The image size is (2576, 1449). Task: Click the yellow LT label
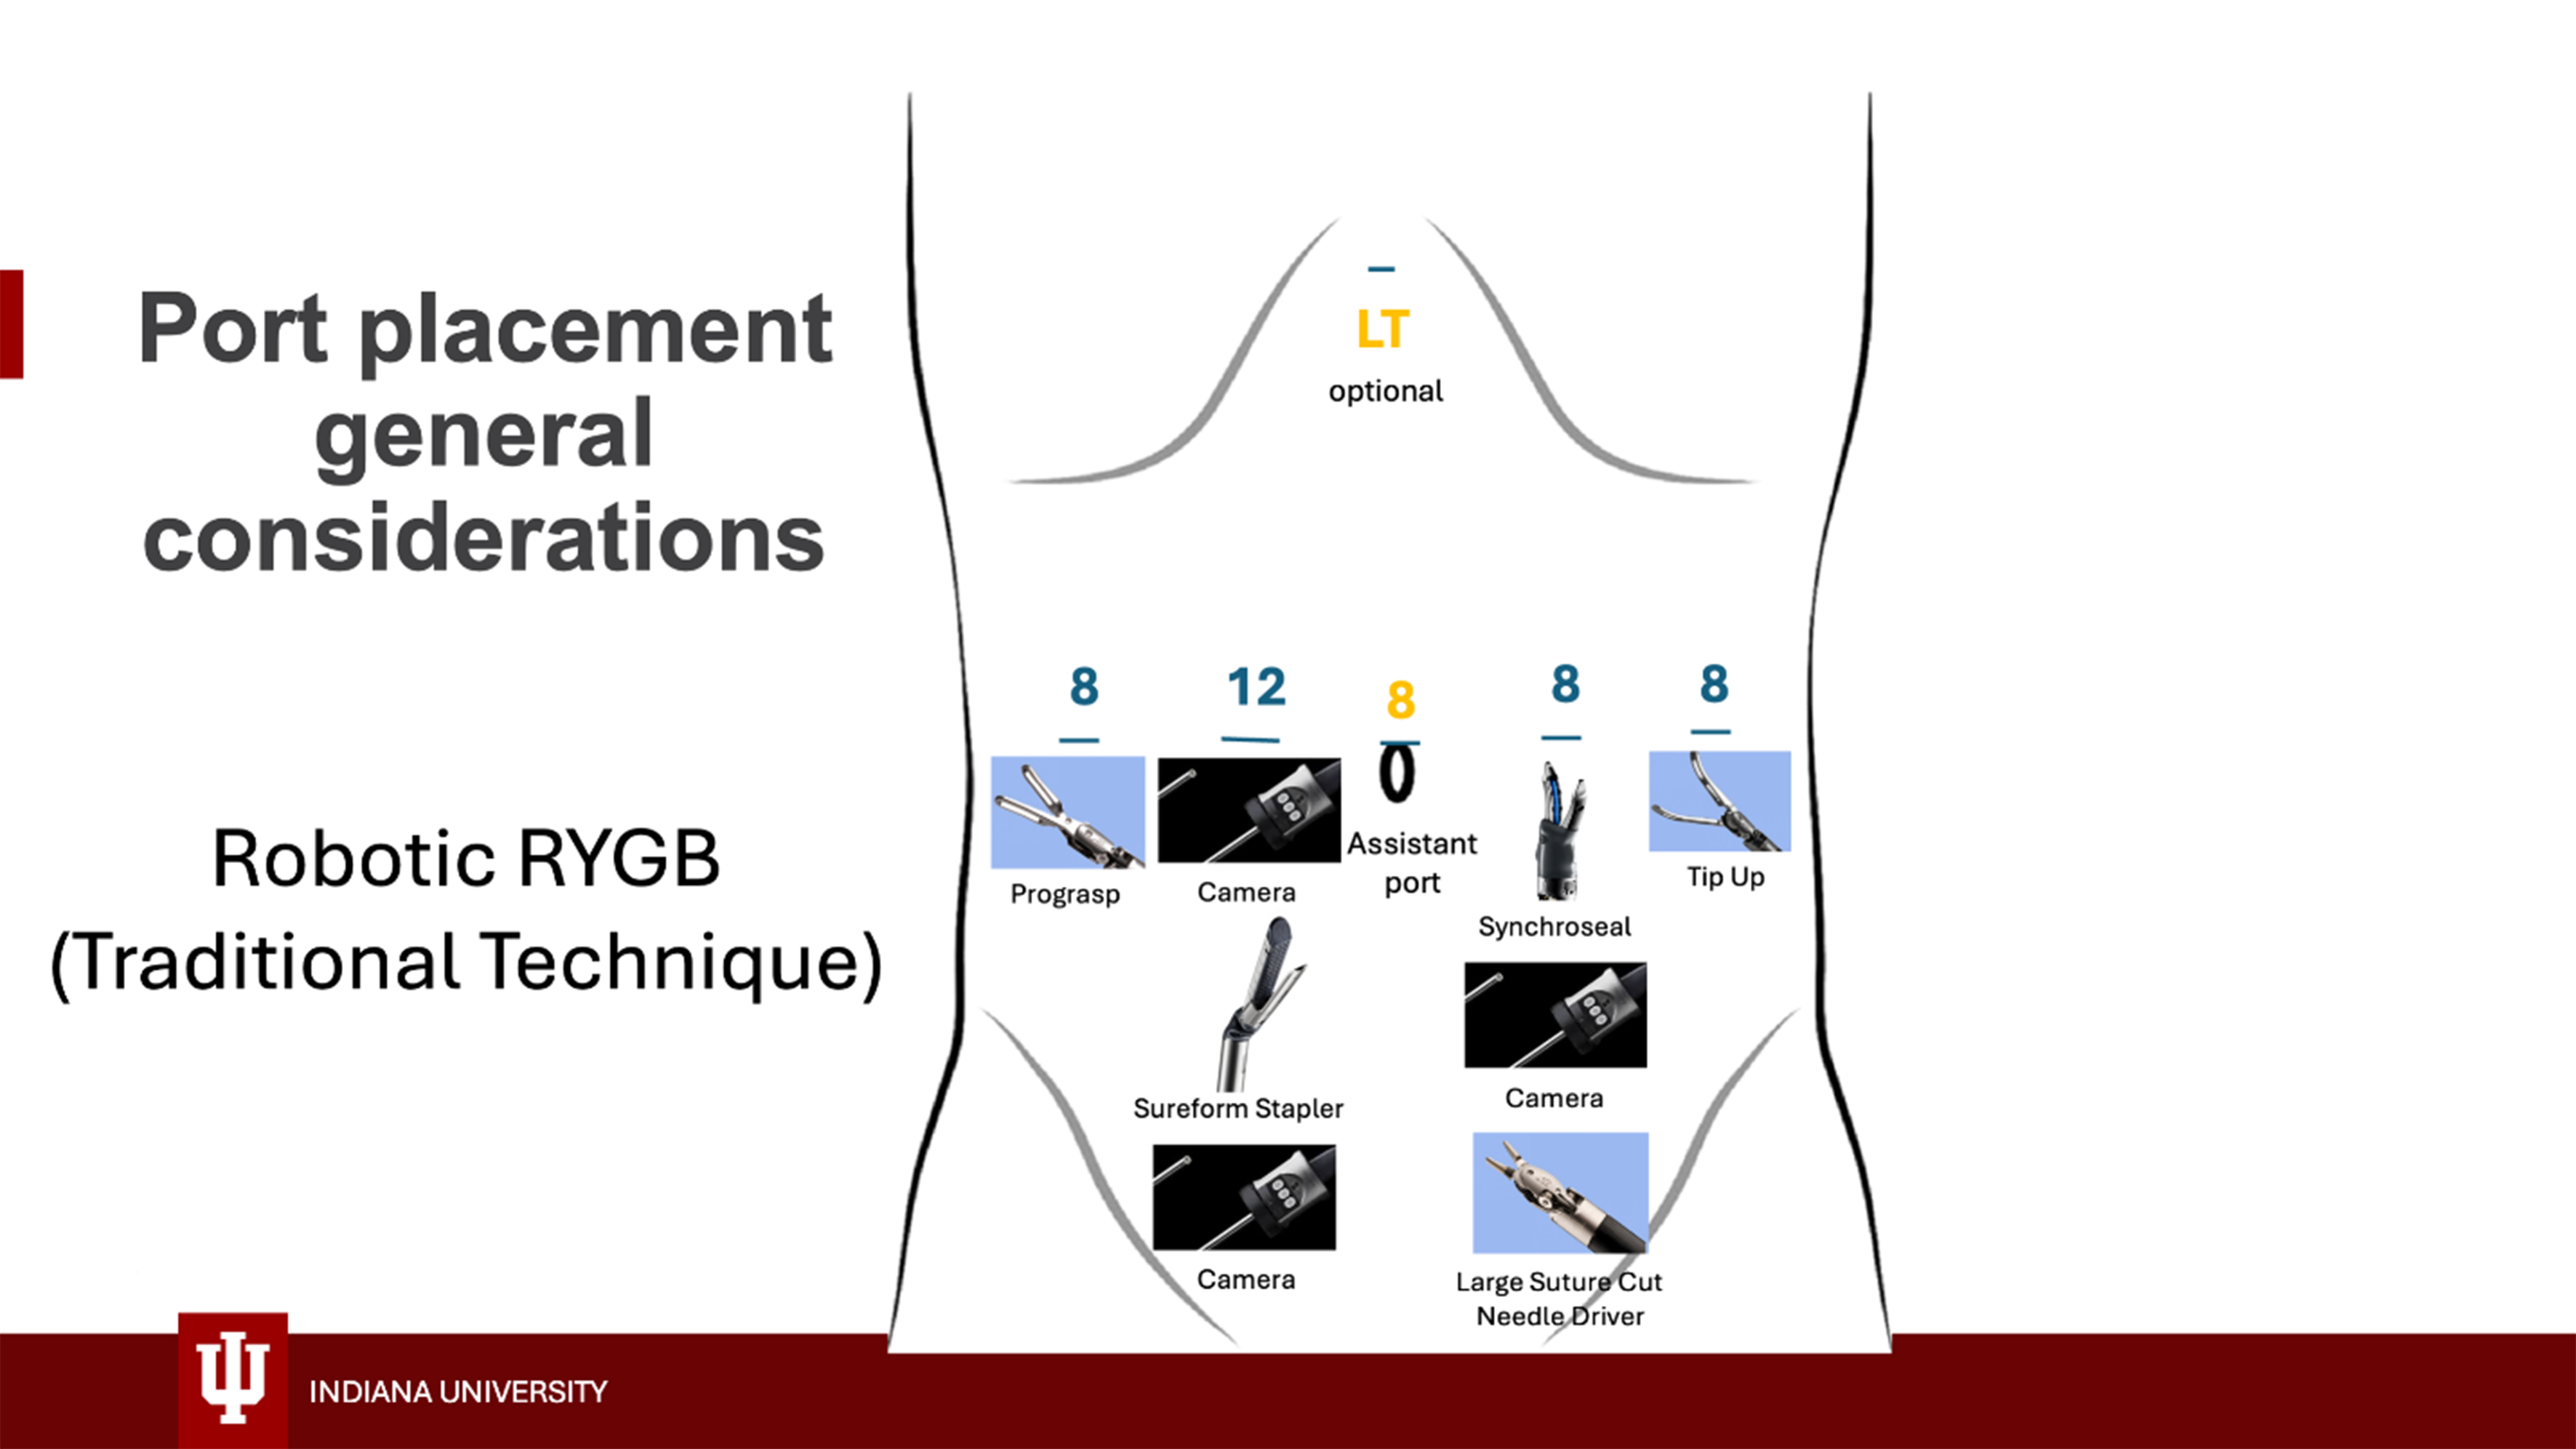click(x=1382, y=329)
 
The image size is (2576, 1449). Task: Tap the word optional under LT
click(x=1385, y=391)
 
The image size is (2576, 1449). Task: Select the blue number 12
click(x=1256, y=687)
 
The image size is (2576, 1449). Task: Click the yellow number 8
click(x=1400, y=700)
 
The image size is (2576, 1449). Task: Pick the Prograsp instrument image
click(x=1067, y=812)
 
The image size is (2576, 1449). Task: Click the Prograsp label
click(x=1064, y=893)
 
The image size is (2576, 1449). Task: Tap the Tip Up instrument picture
click(x=1719, y=801)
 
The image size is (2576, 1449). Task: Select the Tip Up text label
click(x=1725, y=877)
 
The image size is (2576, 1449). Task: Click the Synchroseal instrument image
click(x=1559, y=830)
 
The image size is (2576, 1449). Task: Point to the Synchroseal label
click(x=1554, y=927)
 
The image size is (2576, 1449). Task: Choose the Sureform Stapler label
click(x=1238, y=1108)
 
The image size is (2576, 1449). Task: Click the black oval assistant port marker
click(x=1397, y=774)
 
